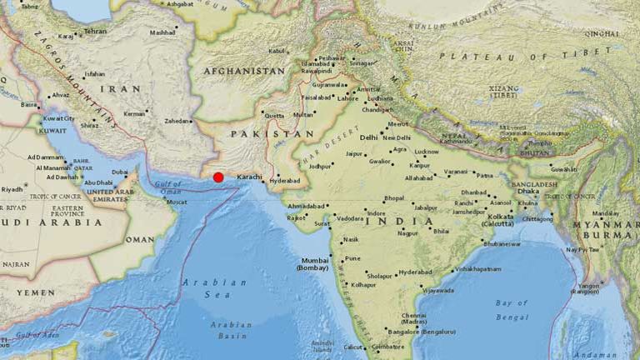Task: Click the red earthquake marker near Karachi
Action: (218, 177)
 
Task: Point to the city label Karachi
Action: (250, 177)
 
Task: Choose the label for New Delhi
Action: (397, 137)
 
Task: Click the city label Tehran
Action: (95, 31)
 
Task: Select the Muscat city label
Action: (176, 202)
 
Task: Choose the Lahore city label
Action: (348, 98)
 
